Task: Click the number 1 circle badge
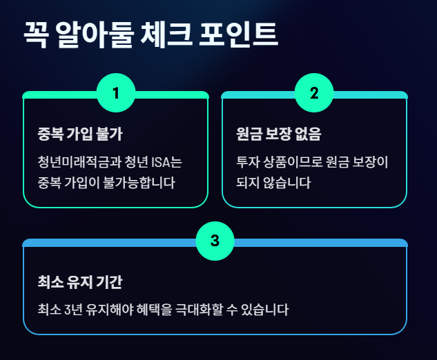[x=115, y=92]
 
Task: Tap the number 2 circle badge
[x=314, y=92]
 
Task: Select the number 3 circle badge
[x=215, y=241]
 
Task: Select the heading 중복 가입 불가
[x=81, y=133]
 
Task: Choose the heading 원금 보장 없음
[x=279, y=133]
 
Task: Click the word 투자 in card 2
[x=246, y=163]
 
